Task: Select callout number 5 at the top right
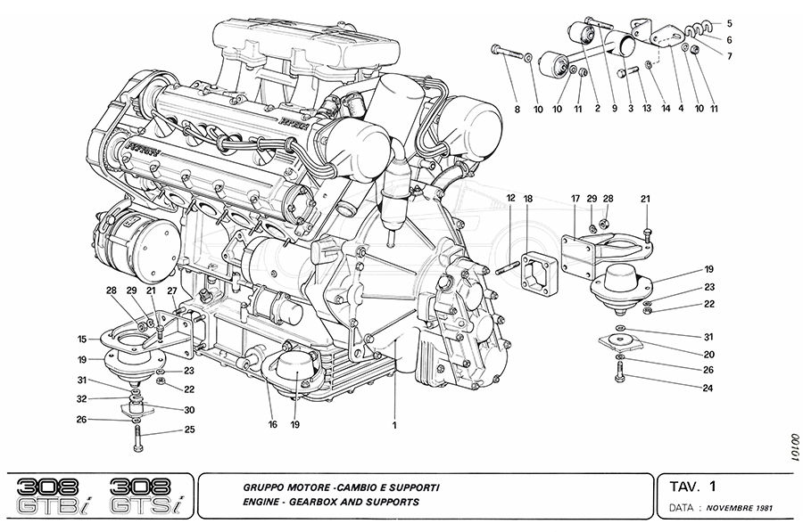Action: click(729, 22)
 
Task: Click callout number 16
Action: click(273, 424)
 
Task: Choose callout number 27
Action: click(171, 291)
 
